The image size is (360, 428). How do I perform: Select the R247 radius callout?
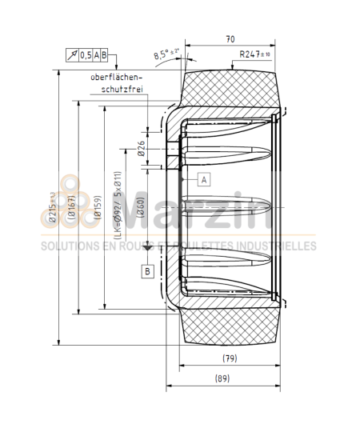[256, 55]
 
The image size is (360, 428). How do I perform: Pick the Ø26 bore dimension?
[141, 147]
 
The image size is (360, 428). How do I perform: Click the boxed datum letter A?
[204, 179]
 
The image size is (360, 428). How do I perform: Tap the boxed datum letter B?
[147, 271]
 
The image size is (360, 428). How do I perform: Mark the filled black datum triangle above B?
[147, 248]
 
